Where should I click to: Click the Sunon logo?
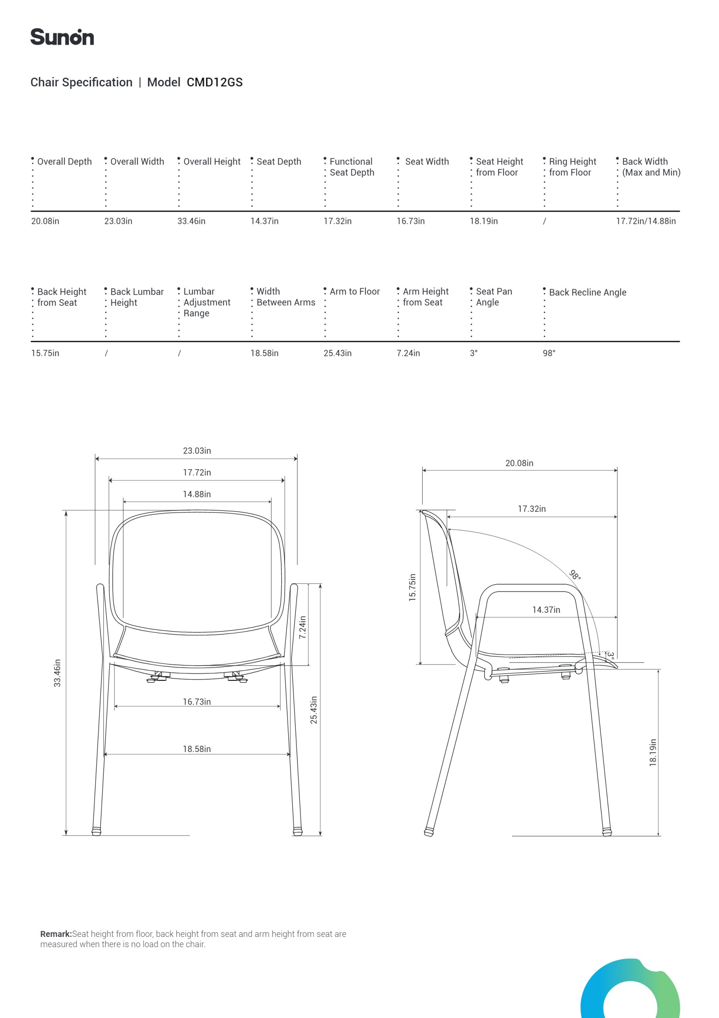tap(62, 37)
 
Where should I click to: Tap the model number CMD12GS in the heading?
tap(215, 82)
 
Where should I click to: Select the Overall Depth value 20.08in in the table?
tap(45, 221)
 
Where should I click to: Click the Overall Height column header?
tap(212, 162)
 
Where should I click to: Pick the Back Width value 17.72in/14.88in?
tap(646, 221)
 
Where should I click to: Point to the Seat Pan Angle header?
tap(493, 297)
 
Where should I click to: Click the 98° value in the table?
tap(549, 354)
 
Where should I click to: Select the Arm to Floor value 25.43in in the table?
tap(337, 354)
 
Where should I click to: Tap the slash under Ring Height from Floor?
tap(545, 221)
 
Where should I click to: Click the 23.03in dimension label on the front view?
tap(197, 451)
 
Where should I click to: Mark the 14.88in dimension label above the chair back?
tap(197, 494)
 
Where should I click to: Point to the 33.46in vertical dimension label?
tap(57, 673)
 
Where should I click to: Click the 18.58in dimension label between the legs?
tap(197, 749)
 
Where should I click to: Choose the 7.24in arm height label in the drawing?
tap(303, 627)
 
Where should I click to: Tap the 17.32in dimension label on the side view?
tap(532, 509)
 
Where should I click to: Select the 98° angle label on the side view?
tap(574, 575)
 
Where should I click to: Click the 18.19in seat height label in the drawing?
tap(653, 752)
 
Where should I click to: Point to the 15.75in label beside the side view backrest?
tap(412, 587)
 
